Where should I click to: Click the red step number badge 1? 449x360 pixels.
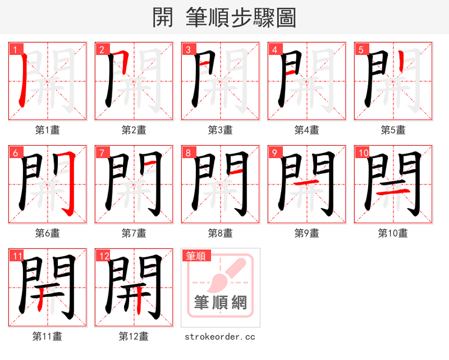pos(14,49)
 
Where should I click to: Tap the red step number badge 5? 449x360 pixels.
pos(360,49)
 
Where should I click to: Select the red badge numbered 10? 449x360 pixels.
pos(362,153)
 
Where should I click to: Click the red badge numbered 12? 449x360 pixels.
pos(103,256)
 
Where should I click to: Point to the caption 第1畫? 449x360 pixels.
pos(47,130)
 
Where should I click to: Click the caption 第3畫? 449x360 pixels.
pos(220,130)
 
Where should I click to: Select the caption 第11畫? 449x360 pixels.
pos(47,336)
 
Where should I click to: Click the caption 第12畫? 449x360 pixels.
pos(134,336)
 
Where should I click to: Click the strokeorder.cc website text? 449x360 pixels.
pos(220,336)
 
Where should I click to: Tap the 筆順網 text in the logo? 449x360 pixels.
pos(220,303)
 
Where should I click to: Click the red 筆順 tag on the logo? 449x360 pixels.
pos(196,256)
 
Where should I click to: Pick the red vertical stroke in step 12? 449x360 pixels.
pos(140,303)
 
